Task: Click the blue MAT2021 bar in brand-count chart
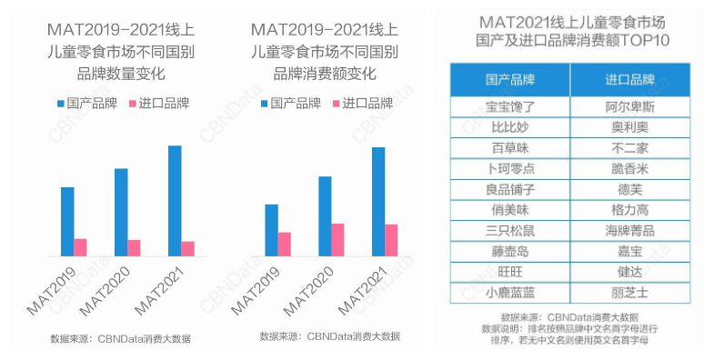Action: point(175,200)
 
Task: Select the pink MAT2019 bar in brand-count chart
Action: point(81,246)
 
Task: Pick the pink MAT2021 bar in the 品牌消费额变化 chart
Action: point(391,239)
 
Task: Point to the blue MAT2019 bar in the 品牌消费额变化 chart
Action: point(271,230)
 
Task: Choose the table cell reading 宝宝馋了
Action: point(510,106)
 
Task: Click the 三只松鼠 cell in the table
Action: point(510,231)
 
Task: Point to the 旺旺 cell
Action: point(510,272)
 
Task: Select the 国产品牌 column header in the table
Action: point(510,79)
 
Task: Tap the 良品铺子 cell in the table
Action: point(510,189)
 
